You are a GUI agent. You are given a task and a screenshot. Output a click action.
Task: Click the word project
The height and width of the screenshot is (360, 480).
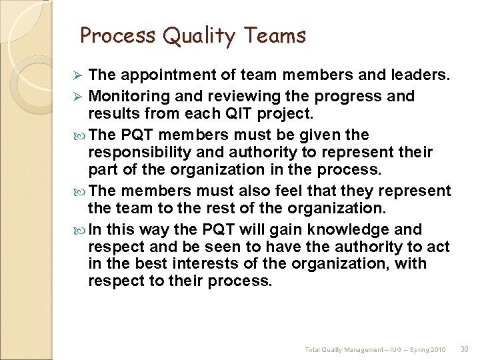click(x=292, y=114)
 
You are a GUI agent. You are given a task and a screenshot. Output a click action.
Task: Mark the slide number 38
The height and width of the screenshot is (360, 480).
click(x=464, y=349)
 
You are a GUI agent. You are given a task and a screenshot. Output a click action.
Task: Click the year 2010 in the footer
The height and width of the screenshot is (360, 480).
click(x=438, y=349)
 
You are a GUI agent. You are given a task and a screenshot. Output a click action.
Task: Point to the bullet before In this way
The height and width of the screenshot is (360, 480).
click(x=81, y=230)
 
